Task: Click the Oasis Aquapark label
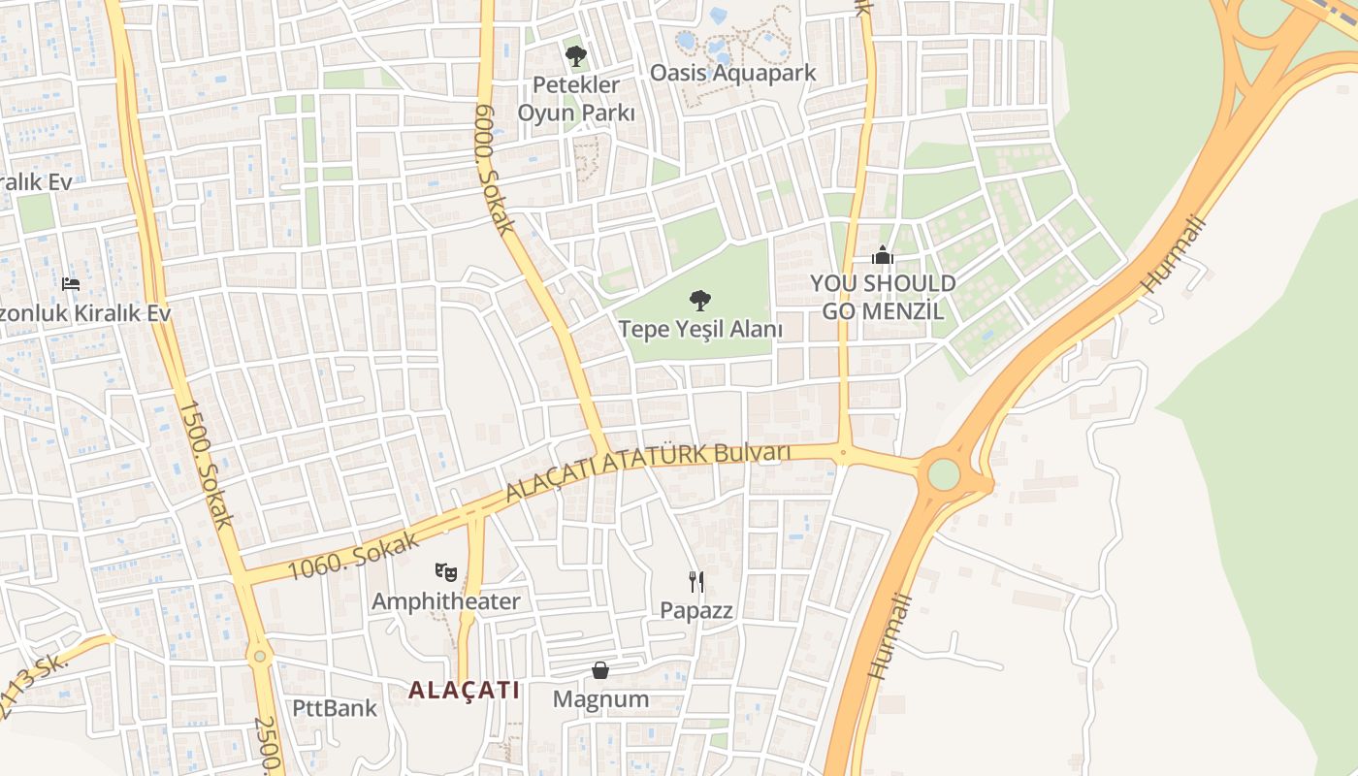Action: [x=732, y=73]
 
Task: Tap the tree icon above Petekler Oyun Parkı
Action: [x=576, y=55]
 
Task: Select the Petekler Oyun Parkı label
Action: [x=576, y=99]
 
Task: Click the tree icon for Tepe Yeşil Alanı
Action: [x=698, y=301]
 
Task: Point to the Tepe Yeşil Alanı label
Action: [x=700, y=329]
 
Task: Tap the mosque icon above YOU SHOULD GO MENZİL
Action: [x=882, y=256]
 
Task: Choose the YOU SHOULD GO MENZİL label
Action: [x=883, y=297]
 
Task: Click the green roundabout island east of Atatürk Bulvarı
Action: [x=943, y=474]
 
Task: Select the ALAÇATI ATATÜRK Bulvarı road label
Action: [x=648, y=470]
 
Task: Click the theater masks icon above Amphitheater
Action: [x=446, y=572]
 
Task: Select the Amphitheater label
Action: [x=446, y=601]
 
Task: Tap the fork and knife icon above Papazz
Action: [x=695, y=582]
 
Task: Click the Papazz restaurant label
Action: [x=695, y=610]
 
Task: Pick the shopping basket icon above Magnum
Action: [x=600, y=670]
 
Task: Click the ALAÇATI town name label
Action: [x=464, y=690]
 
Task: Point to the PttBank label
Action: [x=335, y=708]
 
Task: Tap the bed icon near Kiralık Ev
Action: [x=71, y=283]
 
